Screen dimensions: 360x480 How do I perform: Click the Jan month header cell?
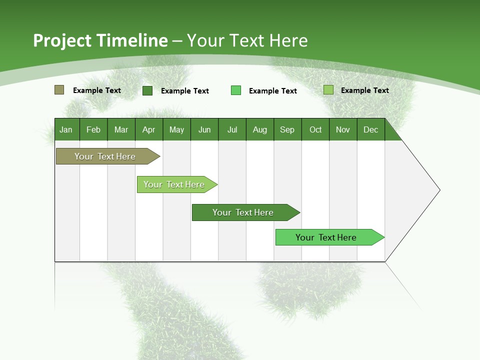pos(66,129)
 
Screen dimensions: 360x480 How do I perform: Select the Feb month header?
pos(93,129)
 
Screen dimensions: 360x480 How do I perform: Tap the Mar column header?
pos(121,129)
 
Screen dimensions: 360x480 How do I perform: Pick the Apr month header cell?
pos(149,129)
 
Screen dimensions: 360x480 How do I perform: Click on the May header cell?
pos(176,129)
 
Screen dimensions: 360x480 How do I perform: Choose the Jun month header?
pos(204,129)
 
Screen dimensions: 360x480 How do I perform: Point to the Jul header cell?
pos(232,129)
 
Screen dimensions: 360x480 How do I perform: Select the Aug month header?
pos(260,129)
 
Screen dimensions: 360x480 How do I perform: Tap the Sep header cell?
pos(287,129)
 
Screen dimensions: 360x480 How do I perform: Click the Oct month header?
pos(315,129)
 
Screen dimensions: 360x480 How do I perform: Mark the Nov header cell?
pos(343,129)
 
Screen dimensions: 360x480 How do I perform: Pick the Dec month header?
pos(371,129)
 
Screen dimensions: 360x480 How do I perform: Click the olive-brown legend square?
pos(59,90)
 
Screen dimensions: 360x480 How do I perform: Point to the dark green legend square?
pos(147,90)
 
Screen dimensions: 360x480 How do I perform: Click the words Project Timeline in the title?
pos(100,40)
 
